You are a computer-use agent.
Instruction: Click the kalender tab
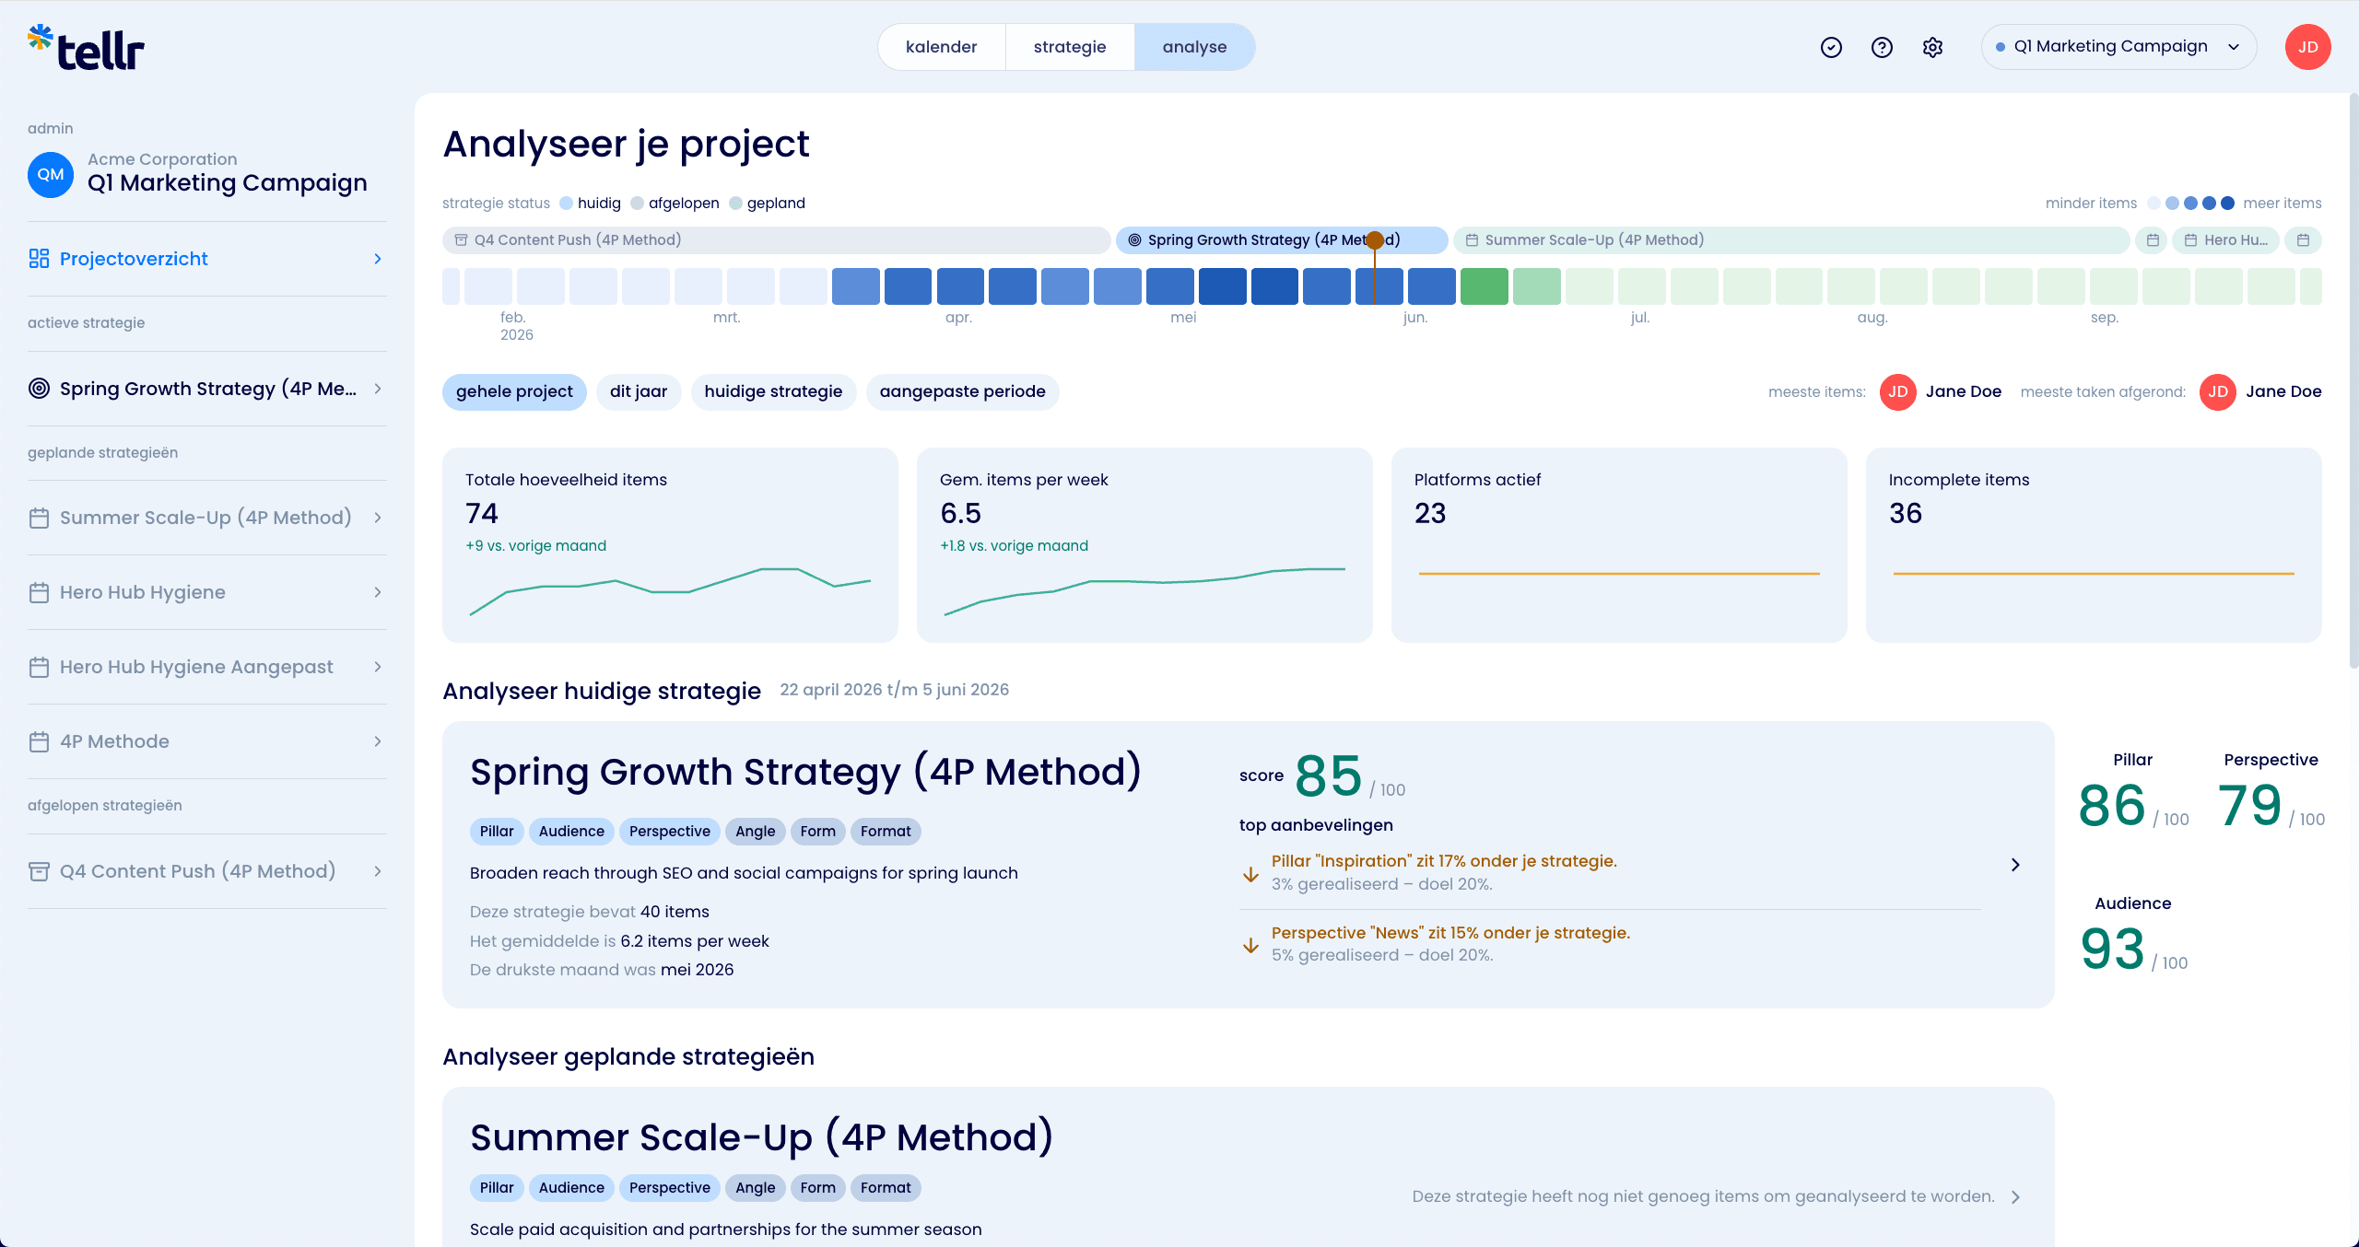point(941,47)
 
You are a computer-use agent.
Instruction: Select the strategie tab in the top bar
point(1069,47)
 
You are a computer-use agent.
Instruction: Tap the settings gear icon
point(1932,47)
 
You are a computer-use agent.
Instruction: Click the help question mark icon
point(1882,47)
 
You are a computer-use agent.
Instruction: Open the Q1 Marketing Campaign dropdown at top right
point(2118,47)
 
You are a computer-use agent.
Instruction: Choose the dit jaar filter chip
point(639,391)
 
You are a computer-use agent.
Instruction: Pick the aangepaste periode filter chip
point(962,391)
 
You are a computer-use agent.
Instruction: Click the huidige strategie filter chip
point(773,391)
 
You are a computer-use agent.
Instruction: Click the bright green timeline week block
point(1484,286)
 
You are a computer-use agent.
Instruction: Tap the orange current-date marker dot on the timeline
point(1375,240)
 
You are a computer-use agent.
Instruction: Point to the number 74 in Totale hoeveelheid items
point(482,513)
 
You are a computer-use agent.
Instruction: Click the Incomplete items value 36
point(1906,513)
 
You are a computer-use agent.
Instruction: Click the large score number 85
point(1328,776)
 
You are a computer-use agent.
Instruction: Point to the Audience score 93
point(2112,950)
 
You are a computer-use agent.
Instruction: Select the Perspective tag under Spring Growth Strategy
point(670,832)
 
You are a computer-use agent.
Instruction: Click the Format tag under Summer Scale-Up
point(886,1188)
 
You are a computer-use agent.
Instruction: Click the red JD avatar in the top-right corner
point(2308,47)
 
